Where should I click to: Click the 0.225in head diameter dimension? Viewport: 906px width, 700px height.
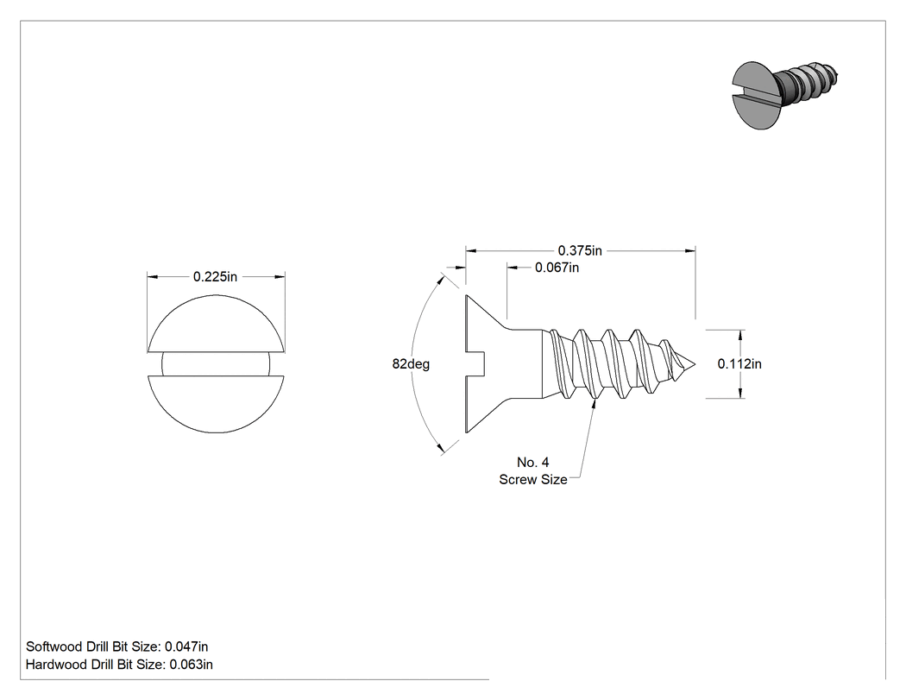215,277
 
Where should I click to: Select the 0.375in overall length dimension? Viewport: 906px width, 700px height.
580,251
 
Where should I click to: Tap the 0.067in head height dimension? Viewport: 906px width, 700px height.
557,268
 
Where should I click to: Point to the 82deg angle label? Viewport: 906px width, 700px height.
411,364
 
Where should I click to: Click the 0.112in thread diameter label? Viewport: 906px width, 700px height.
739,363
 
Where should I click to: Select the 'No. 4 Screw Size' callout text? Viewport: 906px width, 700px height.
533,470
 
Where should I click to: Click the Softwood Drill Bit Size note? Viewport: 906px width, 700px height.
116,646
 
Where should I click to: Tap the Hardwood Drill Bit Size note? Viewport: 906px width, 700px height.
119,665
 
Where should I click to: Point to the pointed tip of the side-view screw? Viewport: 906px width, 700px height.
695,364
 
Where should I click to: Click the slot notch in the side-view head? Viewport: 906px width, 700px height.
475,364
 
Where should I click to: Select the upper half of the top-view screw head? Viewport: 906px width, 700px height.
216,323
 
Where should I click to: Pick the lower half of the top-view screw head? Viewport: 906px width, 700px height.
216,405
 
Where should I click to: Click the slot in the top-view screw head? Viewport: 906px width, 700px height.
216,364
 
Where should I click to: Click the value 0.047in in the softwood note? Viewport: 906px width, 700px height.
186,646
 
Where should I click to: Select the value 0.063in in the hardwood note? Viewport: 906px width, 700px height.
192,665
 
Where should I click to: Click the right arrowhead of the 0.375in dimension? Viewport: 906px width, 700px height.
690,251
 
